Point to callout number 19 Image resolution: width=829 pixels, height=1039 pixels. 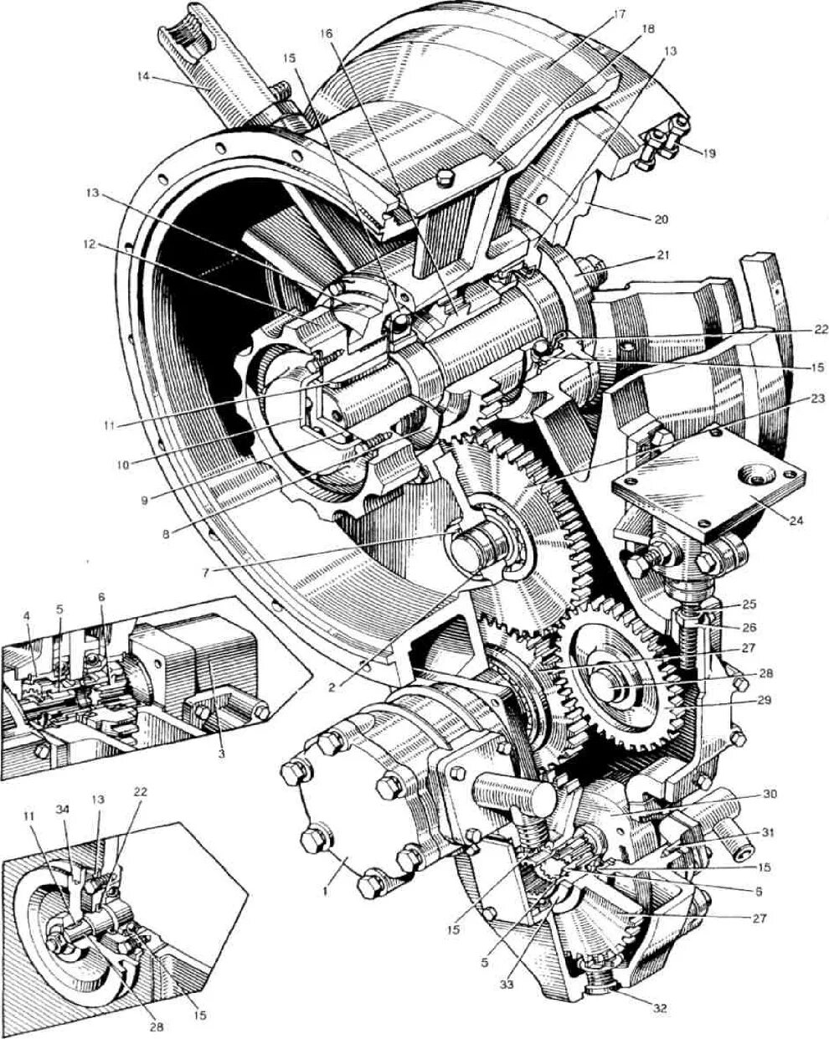(708, 153)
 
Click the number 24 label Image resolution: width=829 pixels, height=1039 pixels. (795, 520)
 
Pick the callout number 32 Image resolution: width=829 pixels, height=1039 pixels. (660, 1009)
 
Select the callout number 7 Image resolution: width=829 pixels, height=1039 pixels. (206, 571)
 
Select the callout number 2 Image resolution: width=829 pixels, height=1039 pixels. (332, 687)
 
